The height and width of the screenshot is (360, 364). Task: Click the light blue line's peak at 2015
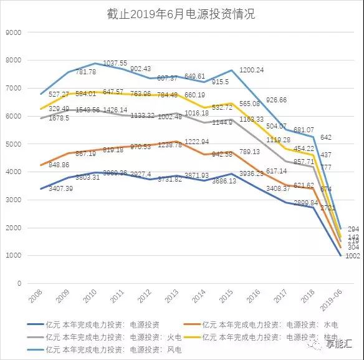[x=232, y=70]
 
